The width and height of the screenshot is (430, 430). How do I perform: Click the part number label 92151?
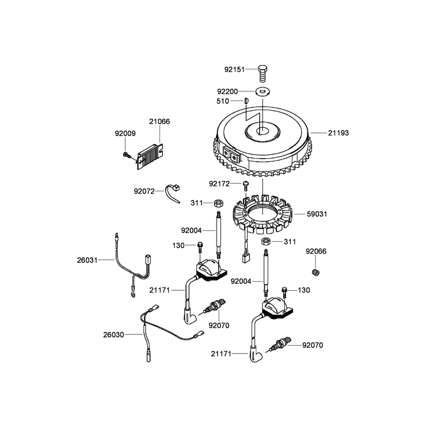pyautogui.click(x=234, y=69)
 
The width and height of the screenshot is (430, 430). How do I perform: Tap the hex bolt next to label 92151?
pyautogui.click(x=263, y=73)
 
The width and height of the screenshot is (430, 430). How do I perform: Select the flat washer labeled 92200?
pyautogui.click(x=262, y=91)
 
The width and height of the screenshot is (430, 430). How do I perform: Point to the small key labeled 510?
pyautogui.click(x=246, y=101)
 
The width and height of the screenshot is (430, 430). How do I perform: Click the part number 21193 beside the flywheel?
pyautogui.click(x=339, y=133)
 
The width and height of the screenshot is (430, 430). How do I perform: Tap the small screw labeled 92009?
pyautogui.click(x=126, y=154)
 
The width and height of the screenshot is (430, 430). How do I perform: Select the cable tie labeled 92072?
pyautogui.click(x=173, y=193)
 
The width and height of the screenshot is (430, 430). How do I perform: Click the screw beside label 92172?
pyautogui.click(x=246, y=185)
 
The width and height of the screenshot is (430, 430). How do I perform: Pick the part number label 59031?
pyautogui.click(x=317, y=214)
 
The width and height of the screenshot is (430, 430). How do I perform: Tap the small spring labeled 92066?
pyautogui.click(x=316, y=272)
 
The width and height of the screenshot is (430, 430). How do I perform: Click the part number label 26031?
pyautogui.click(x=87, y=260)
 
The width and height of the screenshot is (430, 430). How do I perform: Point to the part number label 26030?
pyautogui.click(x=113, y=335)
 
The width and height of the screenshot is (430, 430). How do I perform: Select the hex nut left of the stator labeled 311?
pyautogui.click(x=219, y=203)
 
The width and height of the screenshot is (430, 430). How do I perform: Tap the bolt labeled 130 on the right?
pyautogui.click(x=284, y=292)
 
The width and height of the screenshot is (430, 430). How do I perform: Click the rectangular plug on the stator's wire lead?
pyautogui.click(x=246, y=258)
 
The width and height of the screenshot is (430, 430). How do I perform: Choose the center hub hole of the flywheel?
pyautogui.click(x=262, y=131)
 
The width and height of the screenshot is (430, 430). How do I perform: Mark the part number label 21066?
pyautogui.click(x=160, y=121)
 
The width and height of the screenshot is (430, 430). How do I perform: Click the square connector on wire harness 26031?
pyautogui.click(x=147, y=259)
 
